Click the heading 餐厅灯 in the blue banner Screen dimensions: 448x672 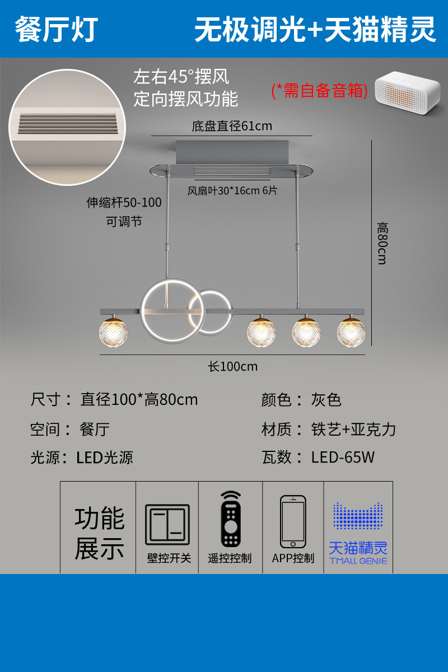pyautogui.click(x=56, y=29)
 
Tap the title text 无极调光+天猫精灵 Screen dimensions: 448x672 pyautogui.click(x=315, y=29)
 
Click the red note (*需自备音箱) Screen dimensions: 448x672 pyautogui.click(x=319, y=90)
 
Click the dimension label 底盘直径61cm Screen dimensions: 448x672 pyautogui.click(x=232, y=126)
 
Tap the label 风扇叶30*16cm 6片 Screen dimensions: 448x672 pyautogui.click(x=232, y=190)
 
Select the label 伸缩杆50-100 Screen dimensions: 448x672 pyautogui.click(x=124, y=202)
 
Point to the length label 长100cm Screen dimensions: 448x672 pyautogui.click(x=232, y=366)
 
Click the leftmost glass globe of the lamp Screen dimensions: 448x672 pyautogui.click(x=113, y=333)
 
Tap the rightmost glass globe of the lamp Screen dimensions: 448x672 pyautogui.click(x=351, y=333)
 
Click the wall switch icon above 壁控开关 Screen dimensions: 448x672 pyautogui.click(x=167, y=525)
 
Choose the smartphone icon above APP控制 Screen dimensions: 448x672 pyautogui.click(x=293, y=521)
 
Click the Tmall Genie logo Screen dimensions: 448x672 pyautogui.click(x=358, y=532)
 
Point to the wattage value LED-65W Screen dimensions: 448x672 pyautogui.click(x=343, y=457)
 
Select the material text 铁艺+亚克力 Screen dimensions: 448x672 pyautogui.click(x=353, y=429)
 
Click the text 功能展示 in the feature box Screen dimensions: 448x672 pyautogui.click(x=99, y=534)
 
